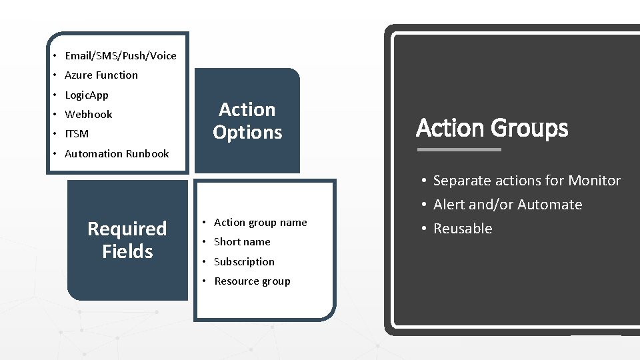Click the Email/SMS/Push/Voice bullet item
pyautogui.click(x=121, y=56)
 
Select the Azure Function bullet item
pyautogui.click(x=101, y=75)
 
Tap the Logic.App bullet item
pyautogui.click(x=87, y=95)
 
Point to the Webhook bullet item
pyautogui.click(x=89, y=115)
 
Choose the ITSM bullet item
pyautogui.click(x=77, y=134)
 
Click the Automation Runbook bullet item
pyautogui.click(x=117, y=154)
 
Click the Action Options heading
pyautogui.click(x=247, y=121)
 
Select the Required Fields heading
pyautogui.click(x=127, y=240)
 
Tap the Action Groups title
pyautogui.click(x=492, y=128)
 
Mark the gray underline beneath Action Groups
pyautogui.click(x=459, y=149)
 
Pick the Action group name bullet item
pyautogui.click(x=261, y=223)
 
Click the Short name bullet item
pyautogui.click(x=242, y=242)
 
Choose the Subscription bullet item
pyautogui.click(x=244, y=262)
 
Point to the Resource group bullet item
pyautogui.click(x=252, y=281)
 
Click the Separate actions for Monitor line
pyautogui.click(x=527, y=181)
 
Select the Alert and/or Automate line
pyautogui.click(x=507, y=205)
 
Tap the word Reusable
pyautogui.click(x=463, y=229)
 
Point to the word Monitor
pyautogui.click(x=595, y=181)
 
